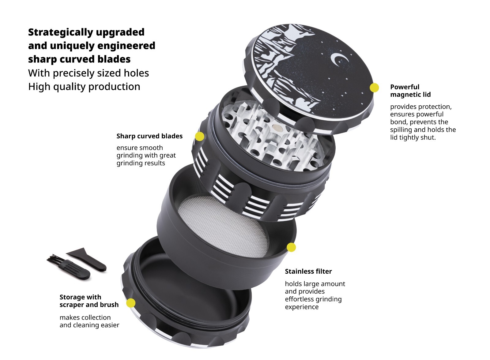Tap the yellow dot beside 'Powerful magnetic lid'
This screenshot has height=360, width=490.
coord(374,88)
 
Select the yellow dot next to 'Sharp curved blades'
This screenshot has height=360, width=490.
coord(199,136)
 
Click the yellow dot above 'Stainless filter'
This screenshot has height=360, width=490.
coord(291,247)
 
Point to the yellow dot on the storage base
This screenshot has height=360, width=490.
coord(131,303)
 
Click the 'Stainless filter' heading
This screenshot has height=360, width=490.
coord(308,272)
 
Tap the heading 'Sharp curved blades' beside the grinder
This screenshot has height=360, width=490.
coord(149,136)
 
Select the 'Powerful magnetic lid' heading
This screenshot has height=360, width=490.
coord(410,91)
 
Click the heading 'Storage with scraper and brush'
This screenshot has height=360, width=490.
coord(89,301)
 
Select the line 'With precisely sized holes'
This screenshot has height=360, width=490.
coord(89,73)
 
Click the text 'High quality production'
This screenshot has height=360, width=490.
coord(84,87)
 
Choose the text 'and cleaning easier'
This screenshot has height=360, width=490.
coord(89,325)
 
